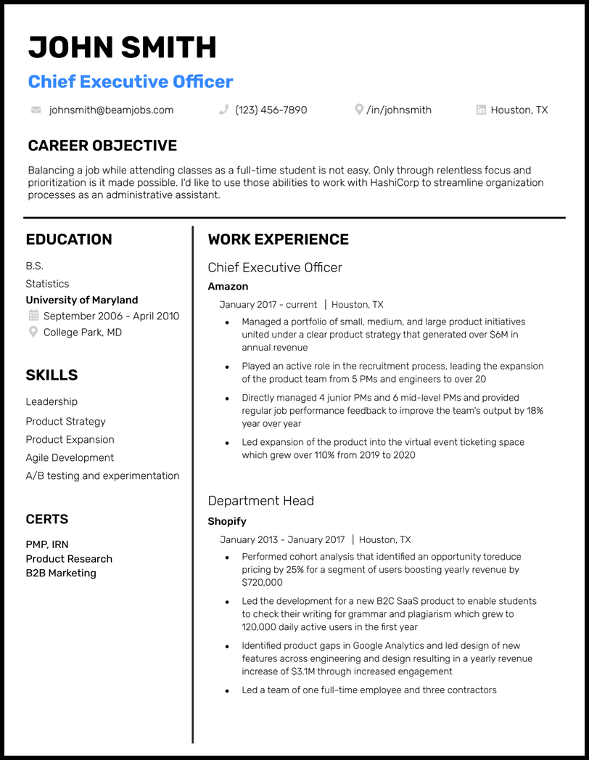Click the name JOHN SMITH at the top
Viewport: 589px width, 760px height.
[122, 48]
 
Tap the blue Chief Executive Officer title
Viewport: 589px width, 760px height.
[131, 81]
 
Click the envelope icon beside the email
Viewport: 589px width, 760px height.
[36, 110]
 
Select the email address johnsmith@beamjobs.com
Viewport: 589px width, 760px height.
[111, 110]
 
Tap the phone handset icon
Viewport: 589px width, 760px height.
[223, 110]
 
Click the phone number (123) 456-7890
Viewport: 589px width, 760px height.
[271, 110]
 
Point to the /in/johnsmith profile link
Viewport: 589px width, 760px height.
[399, 110]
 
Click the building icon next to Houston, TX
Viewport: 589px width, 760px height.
[481, 110]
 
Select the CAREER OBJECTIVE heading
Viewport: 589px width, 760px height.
[102, 145]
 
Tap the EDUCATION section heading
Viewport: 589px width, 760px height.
[69, 240]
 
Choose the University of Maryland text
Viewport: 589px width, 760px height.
[81, 300]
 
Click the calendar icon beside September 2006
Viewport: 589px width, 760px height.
[33, 316]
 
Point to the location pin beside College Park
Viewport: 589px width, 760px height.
[33, 332]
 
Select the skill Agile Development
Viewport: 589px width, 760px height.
[70, 457]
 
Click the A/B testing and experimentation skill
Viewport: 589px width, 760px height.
[102, 475]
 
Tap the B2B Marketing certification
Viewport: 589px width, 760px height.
[61, 573]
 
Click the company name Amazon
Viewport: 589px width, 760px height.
[228, 286]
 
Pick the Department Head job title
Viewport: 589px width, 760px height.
[260, 501]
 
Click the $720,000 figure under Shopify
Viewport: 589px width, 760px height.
[262, 582]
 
